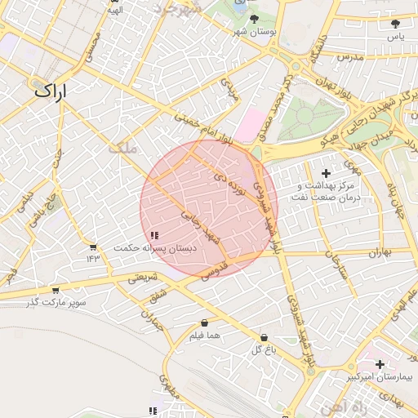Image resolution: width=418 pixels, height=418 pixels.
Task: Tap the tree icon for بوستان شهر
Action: point(255,18)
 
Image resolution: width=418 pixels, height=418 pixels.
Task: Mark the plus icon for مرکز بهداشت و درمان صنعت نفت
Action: point(327,173)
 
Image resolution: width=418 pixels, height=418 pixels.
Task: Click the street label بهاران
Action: point(379,253)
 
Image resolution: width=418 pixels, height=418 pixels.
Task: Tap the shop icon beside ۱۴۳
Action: point(93,247)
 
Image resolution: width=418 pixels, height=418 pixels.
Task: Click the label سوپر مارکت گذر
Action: point(56,303)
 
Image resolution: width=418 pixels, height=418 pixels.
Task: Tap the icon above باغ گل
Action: point(264,337)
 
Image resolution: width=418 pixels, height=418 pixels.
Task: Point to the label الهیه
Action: point(115,11)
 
